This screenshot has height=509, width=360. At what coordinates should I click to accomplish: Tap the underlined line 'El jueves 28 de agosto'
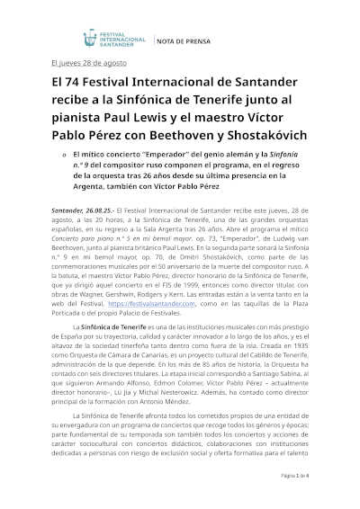tap(89, 63)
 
